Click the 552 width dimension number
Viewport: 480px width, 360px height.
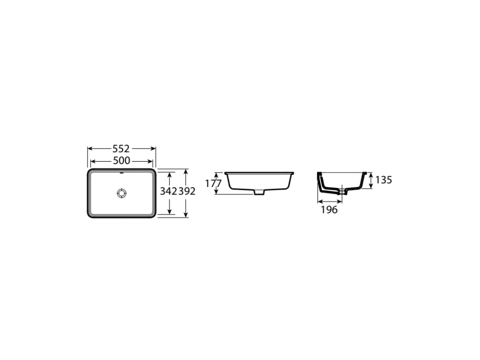click(121, 149)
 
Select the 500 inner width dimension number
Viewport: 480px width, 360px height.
click(121, 161)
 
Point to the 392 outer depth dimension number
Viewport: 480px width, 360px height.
click(187, 191)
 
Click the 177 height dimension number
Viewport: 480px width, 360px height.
click(213, 183)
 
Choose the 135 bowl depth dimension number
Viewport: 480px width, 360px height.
click(383, 180)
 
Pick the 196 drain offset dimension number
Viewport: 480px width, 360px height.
click(329, 210)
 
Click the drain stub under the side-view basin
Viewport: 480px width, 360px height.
click(259, 192)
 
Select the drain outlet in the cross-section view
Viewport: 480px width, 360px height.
click(345, 191)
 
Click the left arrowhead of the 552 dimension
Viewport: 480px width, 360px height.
click(90, 149)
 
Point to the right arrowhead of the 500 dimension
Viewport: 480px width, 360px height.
click(152, 161)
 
